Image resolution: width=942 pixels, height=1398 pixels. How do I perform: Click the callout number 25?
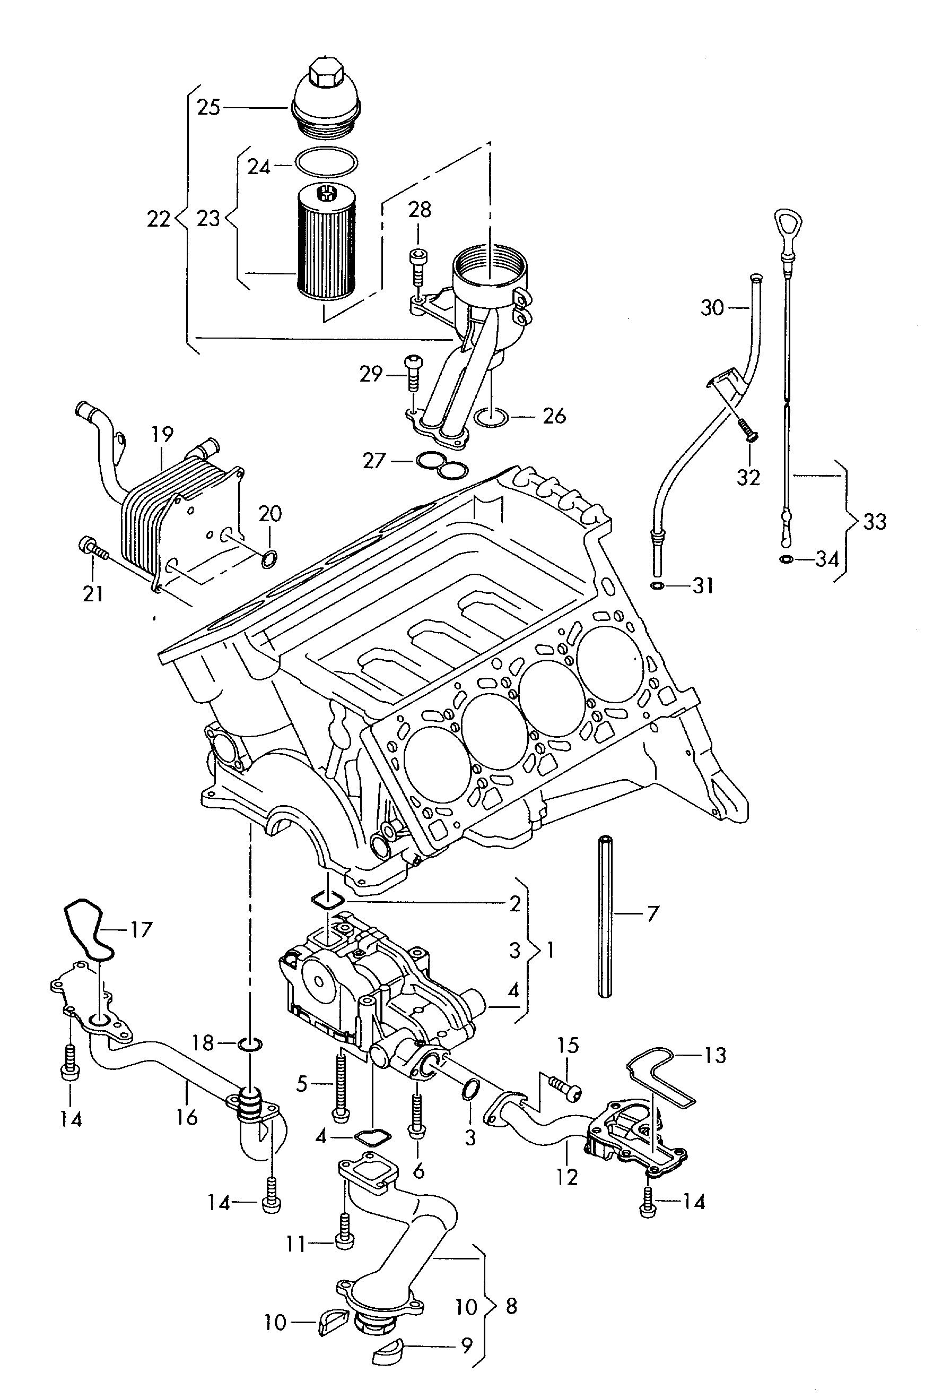pyautogui.click(x=208, y=108)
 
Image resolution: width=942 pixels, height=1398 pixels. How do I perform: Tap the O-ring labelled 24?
pyautogui.click(x=326, y=162)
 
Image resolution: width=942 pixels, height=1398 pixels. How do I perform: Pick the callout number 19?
pyautogui.click(x=163, y=434)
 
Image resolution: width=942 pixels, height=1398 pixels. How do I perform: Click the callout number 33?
pyautogui.click(x=875, y=521)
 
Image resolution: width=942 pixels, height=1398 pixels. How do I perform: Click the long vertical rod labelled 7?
pyautogui.click(x=605, y=917)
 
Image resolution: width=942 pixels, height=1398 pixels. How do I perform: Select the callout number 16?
pyautogui.click(x=186, y=1117)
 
